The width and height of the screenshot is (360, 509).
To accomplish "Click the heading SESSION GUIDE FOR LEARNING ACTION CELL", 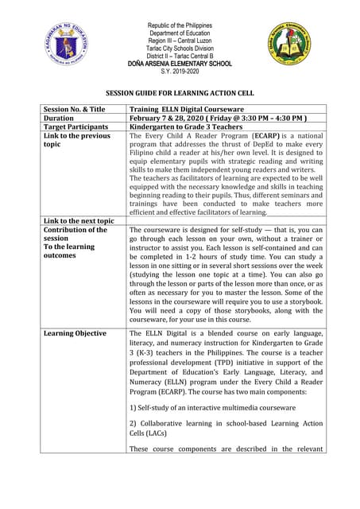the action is [180, 93].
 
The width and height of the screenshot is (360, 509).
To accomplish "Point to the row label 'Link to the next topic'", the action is [79, 220].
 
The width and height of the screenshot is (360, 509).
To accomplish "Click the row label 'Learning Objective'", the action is [75, 333].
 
